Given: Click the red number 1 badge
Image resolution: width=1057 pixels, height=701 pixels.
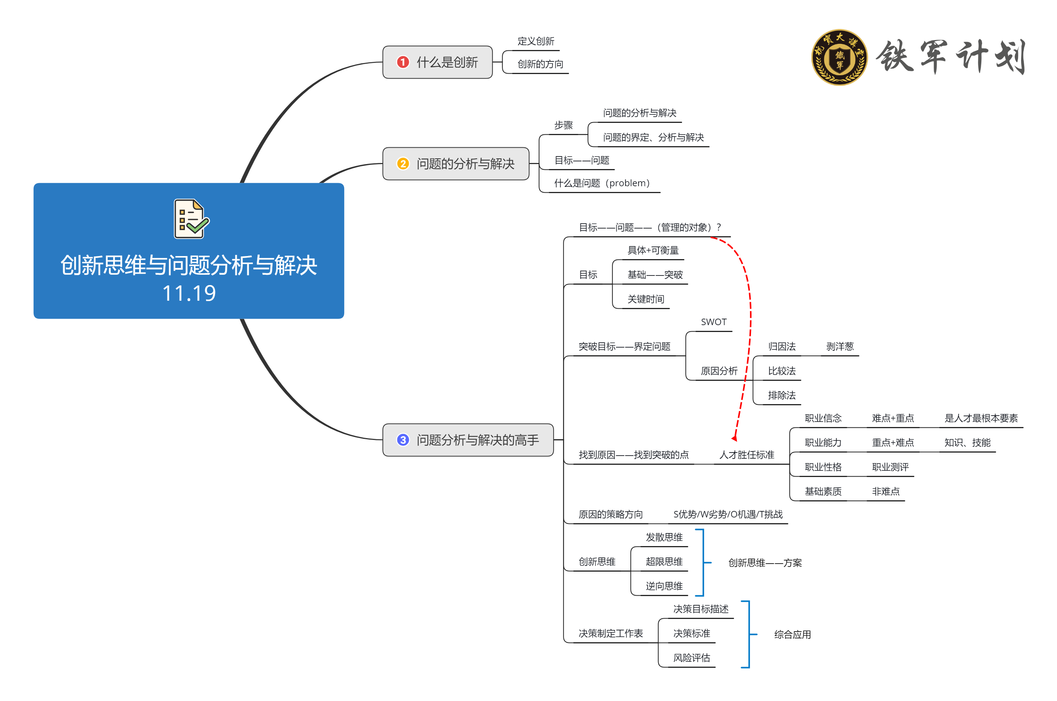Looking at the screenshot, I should (402, 62).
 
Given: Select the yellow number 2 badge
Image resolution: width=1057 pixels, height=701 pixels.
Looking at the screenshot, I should (402, 164).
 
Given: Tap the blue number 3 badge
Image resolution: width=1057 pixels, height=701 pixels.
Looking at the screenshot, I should (402, 440).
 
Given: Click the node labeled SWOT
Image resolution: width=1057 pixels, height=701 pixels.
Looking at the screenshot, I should (713, 322).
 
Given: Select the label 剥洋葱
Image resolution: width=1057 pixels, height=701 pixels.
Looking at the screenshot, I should (840, 346).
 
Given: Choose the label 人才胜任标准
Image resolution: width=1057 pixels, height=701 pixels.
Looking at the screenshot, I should (746, 454).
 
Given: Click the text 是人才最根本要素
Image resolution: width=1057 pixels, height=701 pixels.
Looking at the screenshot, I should (981, 418).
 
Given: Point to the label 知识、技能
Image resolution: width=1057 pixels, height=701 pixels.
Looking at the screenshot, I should (967, 443).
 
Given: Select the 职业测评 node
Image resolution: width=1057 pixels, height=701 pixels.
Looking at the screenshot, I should (890, 467).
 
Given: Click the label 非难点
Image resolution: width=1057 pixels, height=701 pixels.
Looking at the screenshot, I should (885, 492).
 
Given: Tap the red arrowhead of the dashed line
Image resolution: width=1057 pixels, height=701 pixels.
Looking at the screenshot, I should (734, 438).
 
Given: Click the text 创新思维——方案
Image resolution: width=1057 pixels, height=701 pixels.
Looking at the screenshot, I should (764, 562).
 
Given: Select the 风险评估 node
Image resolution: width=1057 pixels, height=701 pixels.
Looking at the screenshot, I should (691, 657).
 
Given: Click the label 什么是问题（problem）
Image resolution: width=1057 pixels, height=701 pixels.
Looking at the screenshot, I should (601, 183).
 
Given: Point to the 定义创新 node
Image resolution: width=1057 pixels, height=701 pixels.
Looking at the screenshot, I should (536, 41).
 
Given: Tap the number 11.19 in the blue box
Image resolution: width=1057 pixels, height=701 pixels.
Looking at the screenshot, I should (189, 293).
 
